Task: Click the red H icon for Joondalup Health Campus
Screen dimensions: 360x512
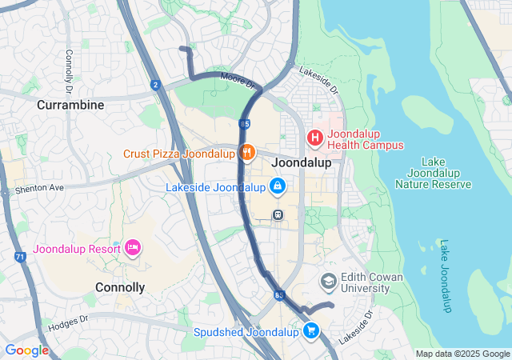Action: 315,138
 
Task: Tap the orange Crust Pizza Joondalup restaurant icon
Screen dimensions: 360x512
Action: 246,152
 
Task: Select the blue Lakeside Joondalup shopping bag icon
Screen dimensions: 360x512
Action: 277,187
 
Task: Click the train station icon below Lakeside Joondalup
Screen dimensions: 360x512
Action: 278,214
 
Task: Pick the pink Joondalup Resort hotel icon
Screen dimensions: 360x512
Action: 133,248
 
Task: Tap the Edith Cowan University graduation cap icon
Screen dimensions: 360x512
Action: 328,282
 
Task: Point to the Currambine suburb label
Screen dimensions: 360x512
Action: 70,105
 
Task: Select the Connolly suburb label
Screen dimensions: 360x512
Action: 120,287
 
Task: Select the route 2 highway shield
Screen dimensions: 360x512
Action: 155,84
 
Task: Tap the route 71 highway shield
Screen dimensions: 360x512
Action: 19,257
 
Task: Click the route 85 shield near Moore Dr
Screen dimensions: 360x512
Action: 243,123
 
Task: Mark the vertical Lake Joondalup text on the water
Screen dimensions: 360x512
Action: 445,276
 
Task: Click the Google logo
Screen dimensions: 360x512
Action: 26,350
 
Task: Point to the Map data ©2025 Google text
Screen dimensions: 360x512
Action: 462,354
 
